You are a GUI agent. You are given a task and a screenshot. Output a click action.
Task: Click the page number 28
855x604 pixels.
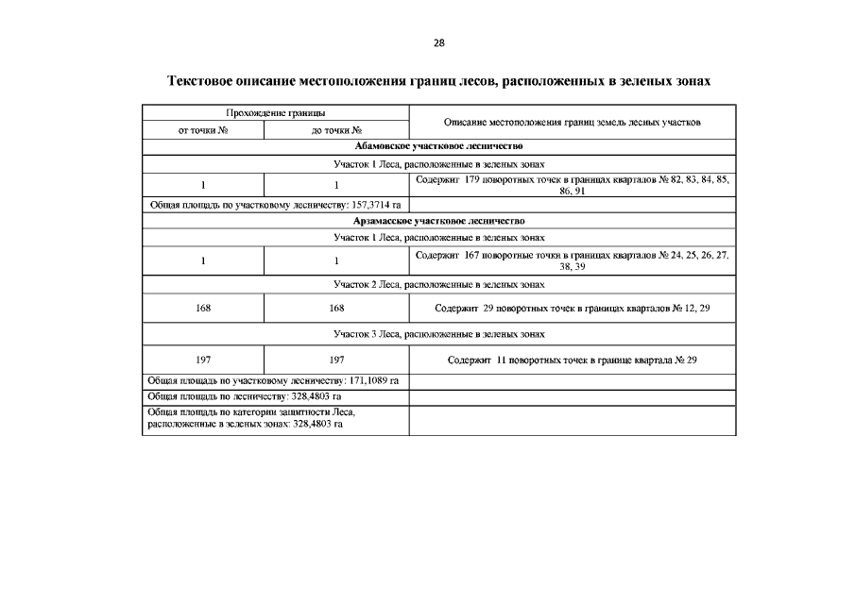click(438, 42)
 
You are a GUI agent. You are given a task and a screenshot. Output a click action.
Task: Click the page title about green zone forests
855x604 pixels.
click(438, 82)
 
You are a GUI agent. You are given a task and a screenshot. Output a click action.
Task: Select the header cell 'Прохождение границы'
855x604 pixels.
click(276, 113)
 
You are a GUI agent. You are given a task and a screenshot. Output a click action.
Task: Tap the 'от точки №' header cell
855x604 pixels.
click(203, 131)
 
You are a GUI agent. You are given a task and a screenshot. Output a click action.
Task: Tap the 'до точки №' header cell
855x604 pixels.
click(336, 131)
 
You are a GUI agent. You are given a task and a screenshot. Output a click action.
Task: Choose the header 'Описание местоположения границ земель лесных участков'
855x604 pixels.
click(573, 123)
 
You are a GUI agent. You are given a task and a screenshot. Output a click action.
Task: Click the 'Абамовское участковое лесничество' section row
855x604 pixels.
click(438, 146)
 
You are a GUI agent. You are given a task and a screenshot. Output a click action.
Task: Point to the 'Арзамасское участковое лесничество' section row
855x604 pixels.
click(438, 221)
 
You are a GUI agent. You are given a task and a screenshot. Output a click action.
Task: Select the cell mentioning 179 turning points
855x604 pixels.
click(573, 184)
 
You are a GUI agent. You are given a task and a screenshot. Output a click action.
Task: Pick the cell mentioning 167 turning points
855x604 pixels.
click(573, 260)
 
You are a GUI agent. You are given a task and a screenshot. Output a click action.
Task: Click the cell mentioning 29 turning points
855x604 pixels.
click(573, 309)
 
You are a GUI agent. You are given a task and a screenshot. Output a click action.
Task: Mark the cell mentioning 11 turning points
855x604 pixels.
click(573, 361)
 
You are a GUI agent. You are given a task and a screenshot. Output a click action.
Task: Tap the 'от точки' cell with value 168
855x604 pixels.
click(203, 309)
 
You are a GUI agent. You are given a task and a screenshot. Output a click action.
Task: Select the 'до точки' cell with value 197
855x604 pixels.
click(336, 361)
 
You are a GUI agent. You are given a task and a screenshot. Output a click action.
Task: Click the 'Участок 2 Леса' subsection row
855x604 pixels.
click(438, 283)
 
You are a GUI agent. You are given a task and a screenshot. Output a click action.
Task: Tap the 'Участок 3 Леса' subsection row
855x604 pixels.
click(438, 334)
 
